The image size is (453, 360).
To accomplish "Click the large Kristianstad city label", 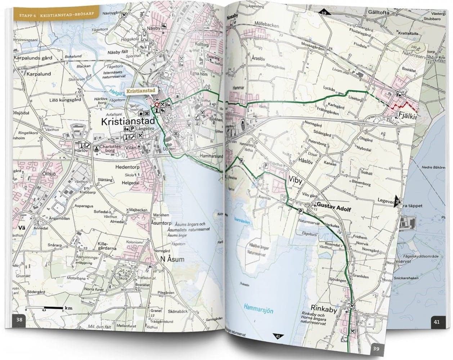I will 128,121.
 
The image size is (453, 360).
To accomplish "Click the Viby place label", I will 296,179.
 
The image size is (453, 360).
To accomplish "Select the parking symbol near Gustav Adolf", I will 300,211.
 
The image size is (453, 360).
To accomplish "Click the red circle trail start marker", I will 156,105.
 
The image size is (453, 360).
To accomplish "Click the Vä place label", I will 22,228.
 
